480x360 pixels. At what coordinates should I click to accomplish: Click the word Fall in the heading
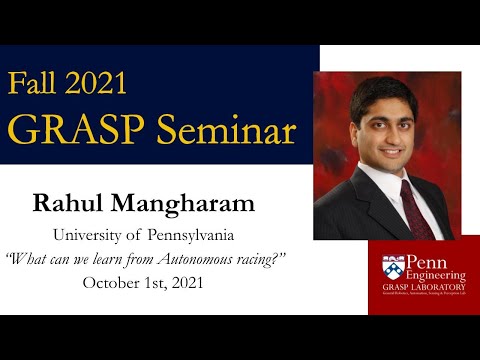(36, 81)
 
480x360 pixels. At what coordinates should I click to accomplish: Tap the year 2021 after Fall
(102, 81)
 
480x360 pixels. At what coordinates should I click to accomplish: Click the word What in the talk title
(27, 259)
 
